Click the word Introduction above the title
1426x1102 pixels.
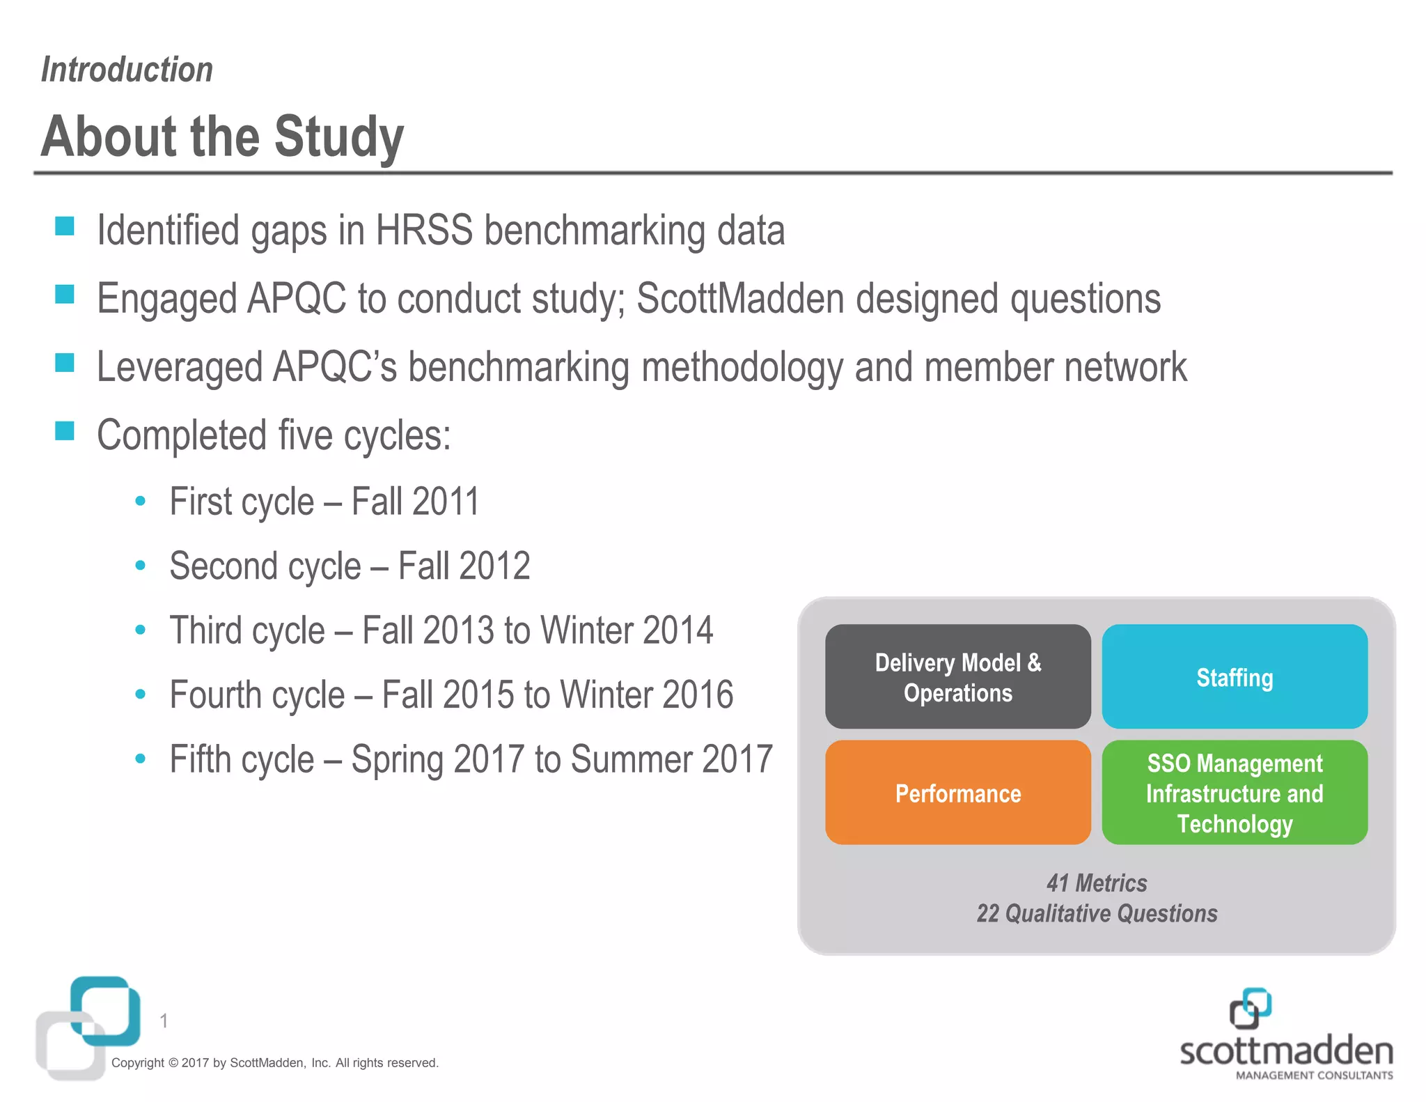pyautogui.click(x=127, y=70)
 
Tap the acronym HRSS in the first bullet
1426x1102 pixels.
pyautogui.click(x=424, y=231)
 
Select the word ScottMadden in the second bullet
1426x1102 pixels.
pyautogui.click(x=740, y=299)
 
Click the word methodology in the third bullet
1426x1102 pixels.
pyautogui.click(x=742, y=367)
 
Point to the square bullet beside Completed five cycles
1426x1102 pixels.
pyautogui.click(x=65, y=431)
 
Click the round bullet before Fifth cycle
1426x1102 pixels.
pyautogui.click(x=141, y=758)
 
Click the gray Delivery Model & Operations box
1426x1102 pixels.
pyautogui.click(x=957, y=677)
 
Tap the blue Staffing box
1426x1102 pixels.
pyautogui.click(x=1235, y=677)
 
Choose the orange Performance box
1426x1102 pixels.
pyautogui.click(x=957, y=793)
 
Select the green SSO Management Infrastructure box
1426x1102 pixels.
pyautogui.click(x=1235, y=793)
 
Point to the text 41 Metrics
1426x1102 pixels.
pyautogui.click(x=1097, y=883)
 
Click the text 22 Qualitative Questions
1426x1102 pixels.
pyautogui.click(x=1097, y=913)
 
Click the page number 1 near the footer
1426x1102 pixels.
pyautogui.click(x=164, y=1021)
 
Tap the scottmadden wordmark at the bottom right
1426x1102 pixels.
pyautogui.click(x=1286, y=1052)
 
